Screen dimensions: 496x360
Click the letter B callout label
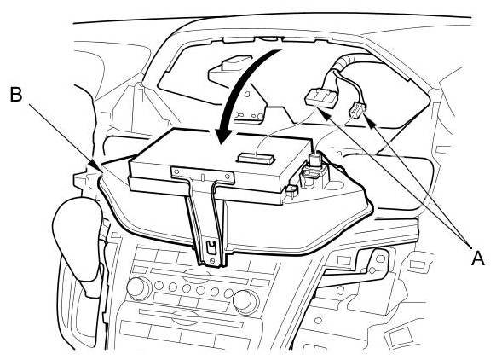click(16, 94)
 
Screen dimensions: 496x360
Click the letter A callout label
click(478, 258)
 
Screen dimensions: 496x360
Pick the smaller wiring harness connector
click(357, 110)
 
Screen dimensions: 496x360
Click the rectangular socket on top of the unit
click(257, 158)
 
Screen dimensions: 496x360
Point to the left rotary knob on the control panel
click(138, 288)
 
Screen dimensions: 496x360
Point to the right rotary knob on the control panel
click(245, 299)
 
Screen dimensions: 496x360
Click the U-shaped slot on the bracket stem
click(211, 247)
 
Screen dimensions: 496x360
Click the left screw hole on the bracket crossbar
click(176, 171)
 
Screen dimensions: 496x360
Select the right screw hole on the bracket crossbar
click(228, 176)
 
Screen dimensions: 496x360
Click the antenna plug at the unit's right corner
click(314, 170)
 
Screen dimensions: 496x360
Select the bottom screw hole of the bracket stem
click(212, 260)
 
